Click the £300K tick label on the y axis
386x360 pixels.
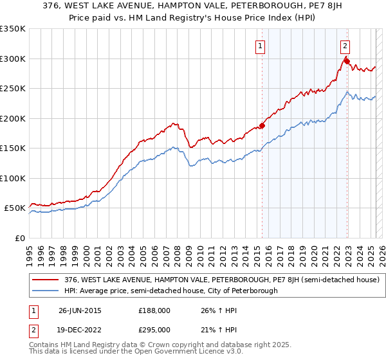point(13,59)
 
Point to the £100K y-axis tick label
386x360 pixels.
point(13,178)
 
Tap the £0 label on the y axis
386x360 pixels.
point(20,238)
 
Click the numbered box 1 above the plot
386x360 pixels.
point(261,46)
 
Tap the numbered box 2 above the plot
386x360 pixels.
point(345,46)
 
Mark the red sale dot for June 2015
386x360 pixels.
point(262,125)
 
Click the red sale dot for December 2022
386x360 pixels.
point(347,61)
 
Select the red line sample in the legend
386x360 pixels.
point(46,280)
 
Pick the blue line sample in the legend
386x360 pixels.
point(46,291)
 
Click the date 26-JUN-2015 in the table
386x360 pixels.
point(80,311)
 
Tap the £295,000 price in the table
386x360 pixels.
point(154,330)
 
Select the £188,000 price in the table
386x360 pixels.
point(154,311)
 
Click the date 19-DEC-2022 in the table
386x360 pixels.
point(80,330)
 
